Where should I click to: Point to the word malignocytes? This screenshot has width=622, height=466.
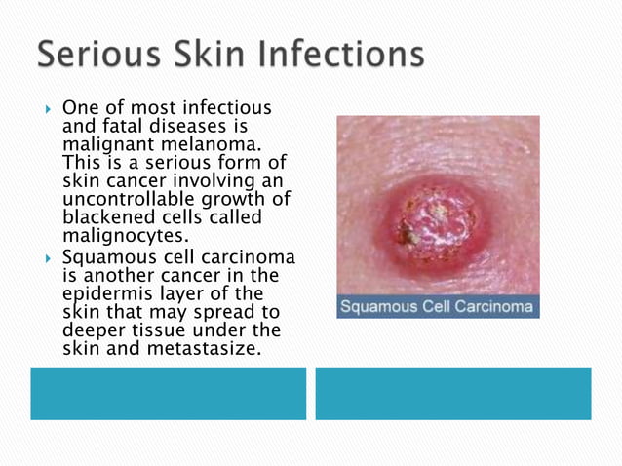pos(126,235)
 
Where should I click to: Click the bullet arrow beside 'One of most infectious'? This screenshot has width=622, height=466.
pos(48,107)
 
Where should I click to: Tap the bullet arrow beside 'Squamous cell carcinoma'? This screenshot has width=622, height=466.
pos(48,257)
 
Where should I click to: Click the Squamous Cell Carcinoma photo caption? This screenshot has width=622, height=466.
pos(438,307)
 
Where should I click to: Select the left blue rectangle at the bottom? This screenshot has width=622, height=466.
pos(168,393)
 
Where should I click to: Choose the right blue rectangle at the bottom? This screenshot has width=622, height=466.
pos(452,393)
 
